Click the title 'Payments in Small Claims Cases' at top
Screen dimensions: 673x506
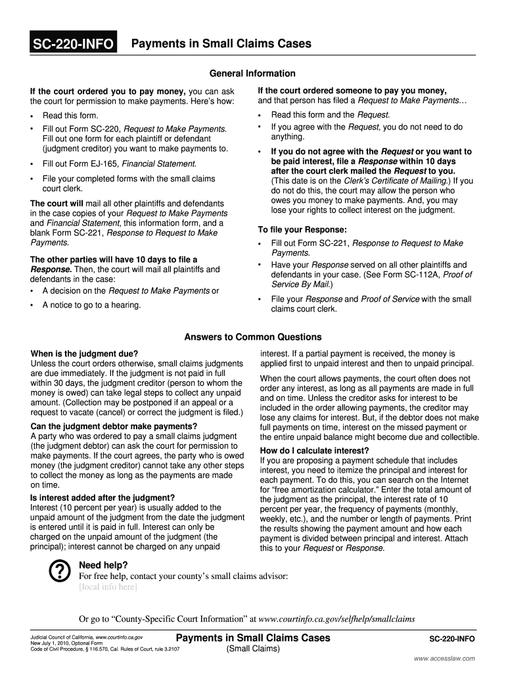click(x=221, y=44)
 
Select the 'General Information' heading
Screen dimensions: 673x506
click(x=252, y=73)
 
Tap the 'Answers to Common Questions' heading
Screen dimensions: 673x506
click(x=253, y=337)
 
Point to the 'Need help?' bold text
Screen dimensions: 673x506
click(x=103, y=565)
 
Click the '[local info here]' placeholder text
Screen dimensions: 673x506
click(x=108, y=587)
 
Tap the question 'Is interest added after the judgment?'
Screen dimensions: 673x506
click(x=103, y=497)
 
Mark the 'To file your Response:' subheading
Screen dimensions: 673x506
click(x=302, y=230)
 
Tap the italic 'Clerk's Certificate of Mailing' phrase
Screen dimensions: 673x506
click(x=394, y=181)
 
